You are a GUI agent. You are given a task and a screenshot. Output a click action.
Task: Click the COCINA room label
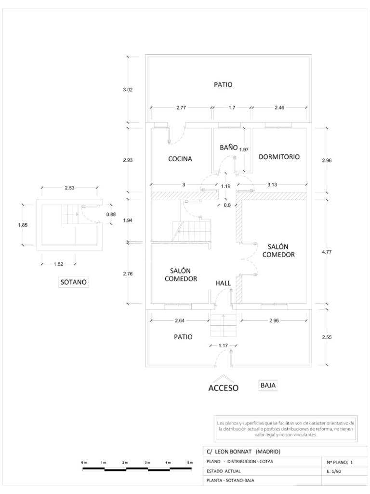[180, 159]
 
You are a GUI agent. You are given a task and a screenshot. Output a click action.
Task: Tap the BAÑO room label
[228, 147]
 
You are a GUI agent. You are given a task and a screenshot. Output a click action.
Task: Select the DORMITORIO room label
[279, 157]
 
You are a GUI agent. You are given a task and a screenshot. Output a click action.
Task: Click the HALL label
[223, 283]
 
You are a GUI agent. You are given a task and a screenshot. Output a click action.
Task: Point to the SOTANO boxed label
[74, 282]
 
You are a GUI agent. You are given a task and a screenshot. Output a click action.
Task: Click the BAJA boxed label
[268, 385]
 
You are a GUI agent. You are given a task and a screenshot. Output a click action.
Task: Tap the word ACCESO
[224, 388]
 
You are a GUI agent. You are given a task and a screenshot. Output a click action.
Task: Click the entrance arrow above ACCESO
[223, 378]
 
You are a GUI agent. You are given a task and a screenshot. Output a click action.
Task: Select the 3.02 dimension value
[128, 90]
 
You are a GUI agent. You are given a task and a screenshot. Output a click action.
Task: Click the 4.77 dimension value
[327, 252]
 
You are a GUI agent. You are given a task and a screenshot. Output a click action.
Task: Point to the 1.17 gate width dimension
[223, 345]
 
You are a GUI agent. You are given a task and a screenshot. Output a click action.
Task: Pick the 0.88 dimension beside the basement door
[111, 214]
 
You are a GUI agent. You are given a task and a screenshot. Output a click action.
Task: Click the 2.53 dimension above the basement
[69, 188]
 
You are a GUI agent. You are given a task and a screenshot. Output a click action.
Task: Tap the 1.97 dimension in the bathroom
[244, 150]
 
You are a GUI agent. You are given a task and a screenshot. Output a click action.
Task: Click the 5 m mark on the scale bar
[190, 462]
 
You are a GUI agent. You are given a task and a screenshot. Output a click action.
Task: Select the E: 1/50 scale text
[334, 472]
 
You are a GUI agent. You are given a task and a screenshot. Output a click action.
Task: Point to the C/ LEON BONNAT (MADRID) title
[243, 452]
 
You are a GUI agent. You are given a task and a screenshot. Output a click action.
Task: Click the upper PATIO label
[223, 84]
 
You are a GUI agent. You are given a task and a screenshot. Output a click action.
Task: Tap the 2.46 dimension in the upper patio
[279, 108]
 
